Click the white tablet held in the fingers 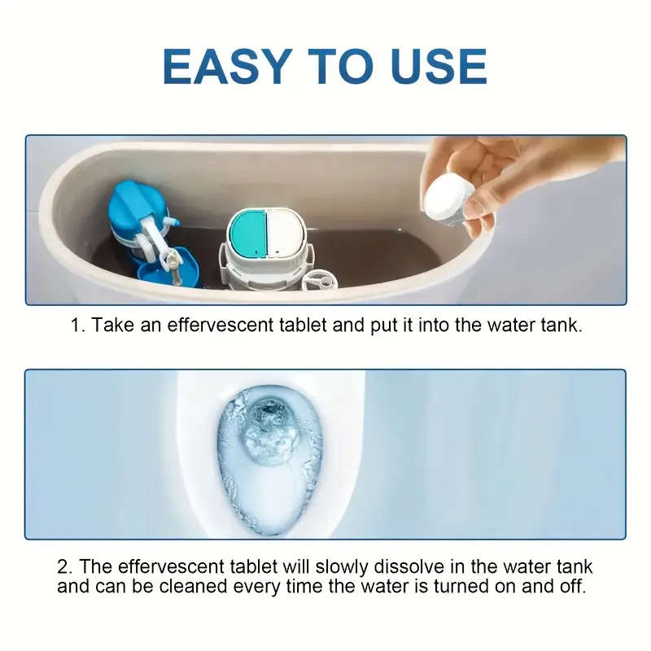pyautogui.click(x=448, y=198)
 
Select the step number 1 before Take pyautogui.click(x=76, y=326)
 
